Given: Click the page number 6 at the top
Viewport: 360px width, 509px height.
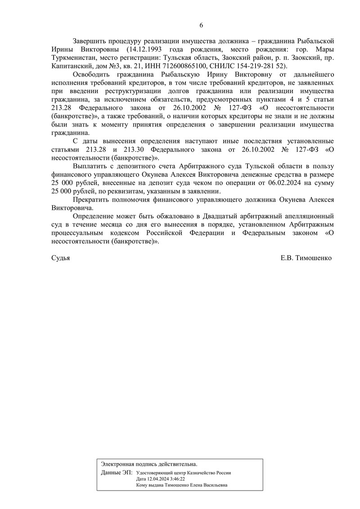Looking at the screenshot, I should pos(201,25).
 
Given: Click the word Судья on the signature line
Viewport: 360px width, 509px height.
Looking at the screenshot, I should pos(61,258).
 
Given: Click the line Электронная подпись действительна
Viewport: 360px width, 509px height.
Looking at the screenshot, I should pos(149,464).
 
